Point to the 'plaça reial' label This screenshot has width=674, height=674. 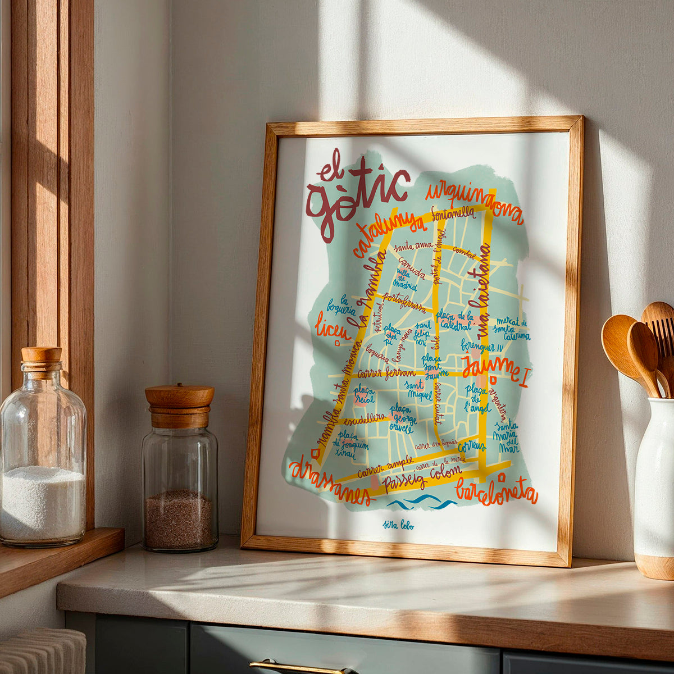[x=363, y=394]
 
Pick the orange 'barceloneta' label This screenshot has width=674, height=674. [x=497, y=493]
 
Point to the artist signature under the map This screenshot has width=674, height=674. [x=399, y=526]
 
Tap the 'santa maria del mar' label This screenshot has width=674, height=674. [x=505, y=438]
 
